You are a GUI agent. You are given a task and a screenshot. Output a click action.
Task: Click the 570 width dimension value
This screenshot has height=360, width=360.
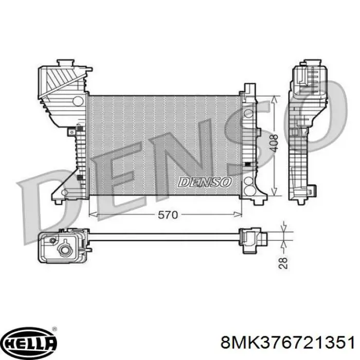pyautogui.click(x=168, y=215)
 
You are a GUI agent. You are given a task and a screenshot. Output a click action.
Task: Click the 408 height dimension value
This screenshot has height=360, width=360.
pyautogui.click(x=274, y=143)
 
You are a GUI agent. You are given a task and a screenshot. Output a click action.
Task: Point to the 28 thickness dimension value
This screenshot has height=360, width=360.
pyautogui.click(x=283, y=263)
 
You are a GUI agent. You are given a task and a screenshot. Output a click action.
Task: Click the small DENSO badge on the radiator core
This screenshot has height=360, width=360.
pyautogui.click(x=205, y=182)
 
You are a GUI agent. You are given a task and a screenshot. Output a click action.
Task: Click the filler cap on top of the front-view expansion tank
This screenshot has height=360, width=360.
pyautogui.click(x=66, y=62)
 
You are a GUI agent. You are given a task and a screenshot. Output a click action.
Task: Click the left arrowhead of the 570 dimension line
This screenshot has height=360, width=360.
pyautogui.click(x=92, y=214)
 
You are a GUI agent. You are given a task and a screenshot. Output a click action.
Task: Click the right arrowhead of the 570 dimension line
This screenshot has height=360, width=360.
pyautogui.click(x=238, y=214)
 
